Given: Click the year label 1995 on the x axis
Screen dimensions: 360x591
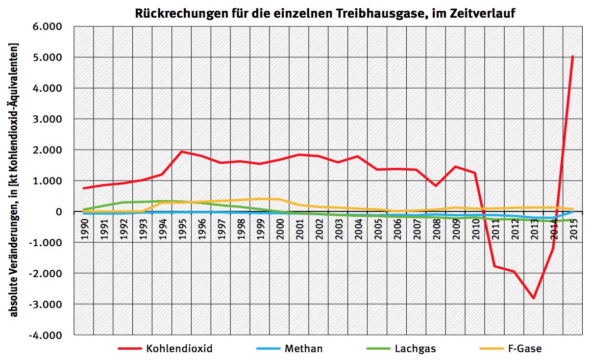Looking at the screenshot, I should [x=182, y=228].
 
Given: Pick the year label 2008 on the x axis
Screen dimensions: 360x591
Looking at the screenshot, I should [x=437, y=228].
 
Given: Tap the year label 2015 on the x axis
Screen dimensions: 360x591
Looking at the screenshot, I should [x=573, y=228].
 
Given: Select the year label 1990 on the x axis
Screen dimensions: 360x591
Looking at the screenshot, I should [x=84, y=228].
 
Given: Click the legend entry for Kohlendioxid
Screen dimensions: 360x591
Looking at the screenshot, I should [x=179, y=349].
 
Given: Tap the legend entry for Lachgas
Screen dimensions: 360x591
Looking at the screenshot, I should [x=415, y=349].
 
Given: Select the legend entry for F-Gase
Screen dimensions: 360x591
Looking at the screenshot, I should [x=525, y=349].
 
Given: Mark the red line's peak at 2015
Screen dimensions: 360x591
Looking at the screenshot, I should [x=572, y=57].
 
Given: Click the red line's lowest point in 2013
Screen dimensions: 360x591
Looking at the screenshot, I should [x=534, y=298].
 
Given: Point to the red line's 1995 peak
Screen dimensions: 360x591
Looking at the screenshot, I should [x=182, y=152].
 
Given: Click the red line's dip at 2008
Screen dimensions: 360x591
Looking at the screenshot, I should [x=436, y=186].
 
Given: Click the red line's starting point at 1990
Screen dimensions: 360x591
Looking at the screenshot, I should [x=84, y=188].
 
